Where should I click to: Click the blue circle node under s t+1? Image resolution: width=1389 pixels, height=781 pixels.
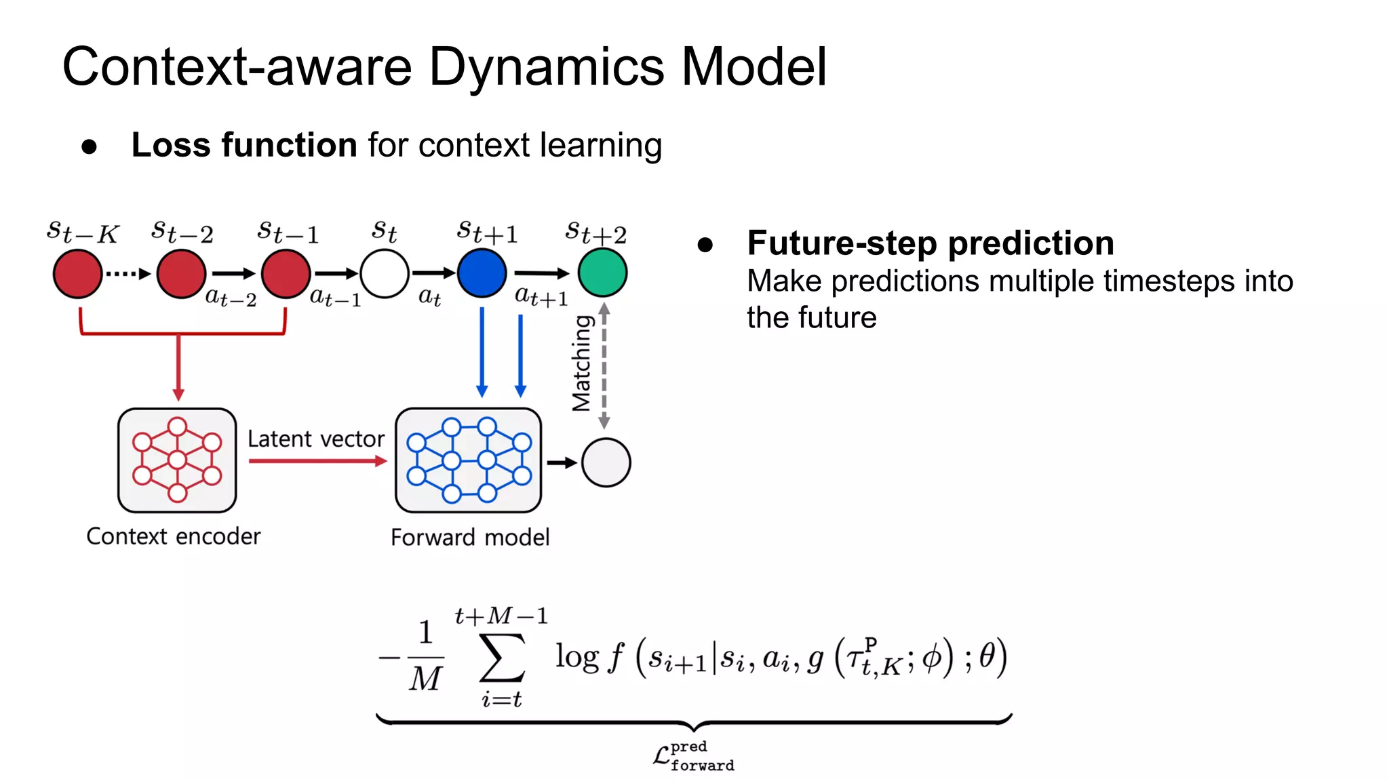point(482,273)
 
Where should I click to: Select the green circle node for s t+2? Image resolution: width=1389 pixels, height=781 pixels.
point(602,273)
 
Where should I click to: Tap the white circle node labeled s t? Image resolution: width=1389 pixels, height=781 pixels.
point(385,273)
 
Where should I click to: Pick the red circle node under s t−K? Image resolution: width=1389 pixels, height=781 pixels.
point(78,274)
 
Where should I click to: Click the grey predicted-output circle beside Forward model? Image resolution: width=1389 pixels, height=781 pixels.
point(606,462)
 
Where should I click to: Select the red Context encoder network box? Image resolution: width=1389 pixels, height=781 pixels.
point(177,460)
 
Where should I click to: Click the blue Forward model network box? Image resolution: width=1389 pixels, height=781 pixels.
point(469,461)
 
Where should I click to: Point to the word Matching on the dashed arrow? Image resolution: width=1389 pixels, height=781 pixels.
point(582,363)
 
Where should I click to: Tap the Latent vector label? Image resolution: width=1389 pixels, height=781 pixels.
point(315,439)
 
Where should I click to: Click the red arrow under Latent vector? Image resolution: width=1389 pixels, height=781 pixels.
point(317,461)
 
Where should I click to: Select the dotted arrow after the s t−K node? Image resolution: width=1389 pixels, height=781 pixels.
point(128,274)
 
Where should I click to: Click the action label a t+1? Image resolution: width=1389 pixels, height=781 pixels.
point(541,296)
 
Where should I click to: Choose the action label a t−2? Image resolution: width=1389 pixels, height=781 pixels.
point(231,297)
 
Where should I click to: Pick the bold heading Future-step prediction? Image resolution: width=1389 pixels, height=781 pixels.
point(930,243)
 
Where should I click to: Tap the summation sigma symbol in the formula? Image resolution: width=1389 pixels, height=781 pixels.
point(502,658)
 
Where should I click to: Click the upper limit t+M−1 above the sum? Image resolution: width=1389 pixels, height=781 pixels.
point(501,616)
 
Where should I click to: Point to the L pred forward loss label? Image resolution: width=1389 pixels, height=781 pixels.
point(693,756)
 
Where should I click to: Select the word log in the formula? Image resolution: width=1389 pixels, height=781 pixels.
point(576,657)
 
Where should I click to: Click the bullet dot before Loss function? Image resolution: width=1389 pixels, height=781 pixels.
point(89,147)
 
